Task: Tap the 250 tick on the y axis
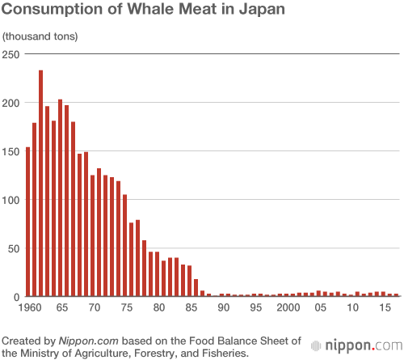pyautogui.click(x=11, y=54)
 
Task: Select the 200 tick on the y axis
pyautogui.click(x=11, y=103)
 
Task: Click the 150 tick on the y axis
pyautogui.click(x=11, y=151)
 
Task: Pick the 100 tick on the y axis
pyautogui.click(x=11, y=200)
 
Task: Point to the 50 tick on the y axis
pyautogui.click(x=13, y=248)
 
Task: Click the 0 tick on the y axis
pyautogui.click(x=16, y=297)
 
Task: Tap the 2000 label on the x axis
pyautogui.click(x=288, y=308)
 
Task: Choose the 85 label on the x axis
pyautogui.click(x=190, y=308)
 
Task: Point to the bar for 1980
pyautogui.click(x=157, y=274)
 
